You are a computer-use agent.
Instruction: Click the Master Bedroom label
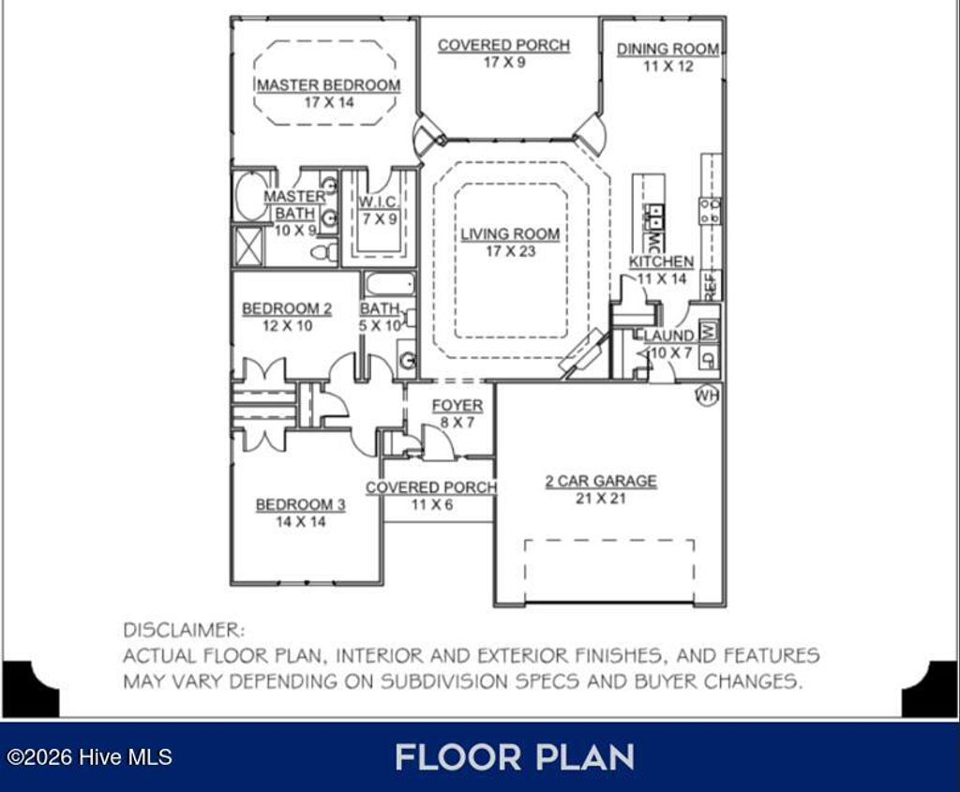pos(329,85)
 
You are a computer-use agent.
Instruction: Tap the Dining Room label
pos(667,49)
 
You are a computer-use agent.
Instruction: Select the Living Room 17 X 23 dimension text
pos(511,251)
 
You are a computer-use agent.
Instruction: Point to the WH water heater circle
pos(707,396)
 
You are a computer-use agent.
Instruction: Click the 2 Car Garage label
pos(601,481)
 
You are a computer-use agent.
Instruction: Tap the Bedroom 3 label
pos(301,505)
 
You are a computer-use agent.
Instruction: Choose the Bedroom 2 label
pos(287,308)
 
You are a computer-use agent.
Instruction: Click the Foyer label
pos(457,405)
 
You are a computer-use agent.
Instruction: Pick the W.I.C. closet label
pos(378,202)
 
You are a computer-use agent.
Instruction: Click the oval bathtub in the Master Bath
pos(251,196)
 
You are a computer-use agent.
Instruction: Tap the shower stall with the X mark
pos(247,247)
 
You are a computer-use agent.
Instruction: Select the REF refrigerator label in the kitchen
pos(711,286)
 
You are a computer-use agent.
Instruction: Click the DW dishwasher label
pos(653,240)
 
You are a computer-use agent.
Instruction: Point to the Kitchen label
pos(661,262)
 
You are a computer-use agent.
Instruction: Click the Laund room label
pos(667,336)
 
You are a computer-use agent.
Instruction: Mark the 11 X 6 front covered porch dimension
pos(432,505)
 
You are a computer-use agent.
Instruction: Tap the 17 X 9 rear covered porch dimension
pos(504,63)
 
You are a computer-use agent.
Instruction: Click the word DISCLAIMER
pos(184,630)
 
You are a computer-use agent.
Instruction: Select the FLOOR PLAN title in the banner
pos(515,757)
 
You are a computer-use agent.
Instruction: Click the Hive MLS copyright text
pos(89,757)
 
